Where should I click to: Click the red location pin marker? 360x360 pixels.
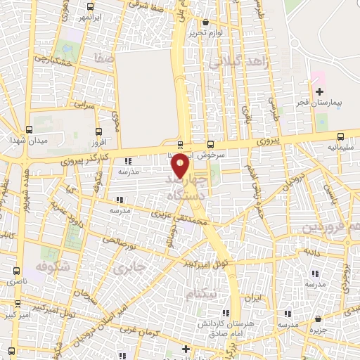click(x=181, y=165)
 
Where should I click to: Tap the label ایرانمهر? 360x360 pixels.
click(x=88, y=16)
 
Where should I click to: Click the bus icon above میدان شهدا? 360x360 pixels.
click(x=29, y=130)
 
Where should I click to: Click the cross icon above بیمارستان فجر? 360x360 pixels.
click(x=320, y=91)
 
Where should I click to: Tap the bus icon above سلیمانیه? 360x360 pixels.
click(x=340, y=137)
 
